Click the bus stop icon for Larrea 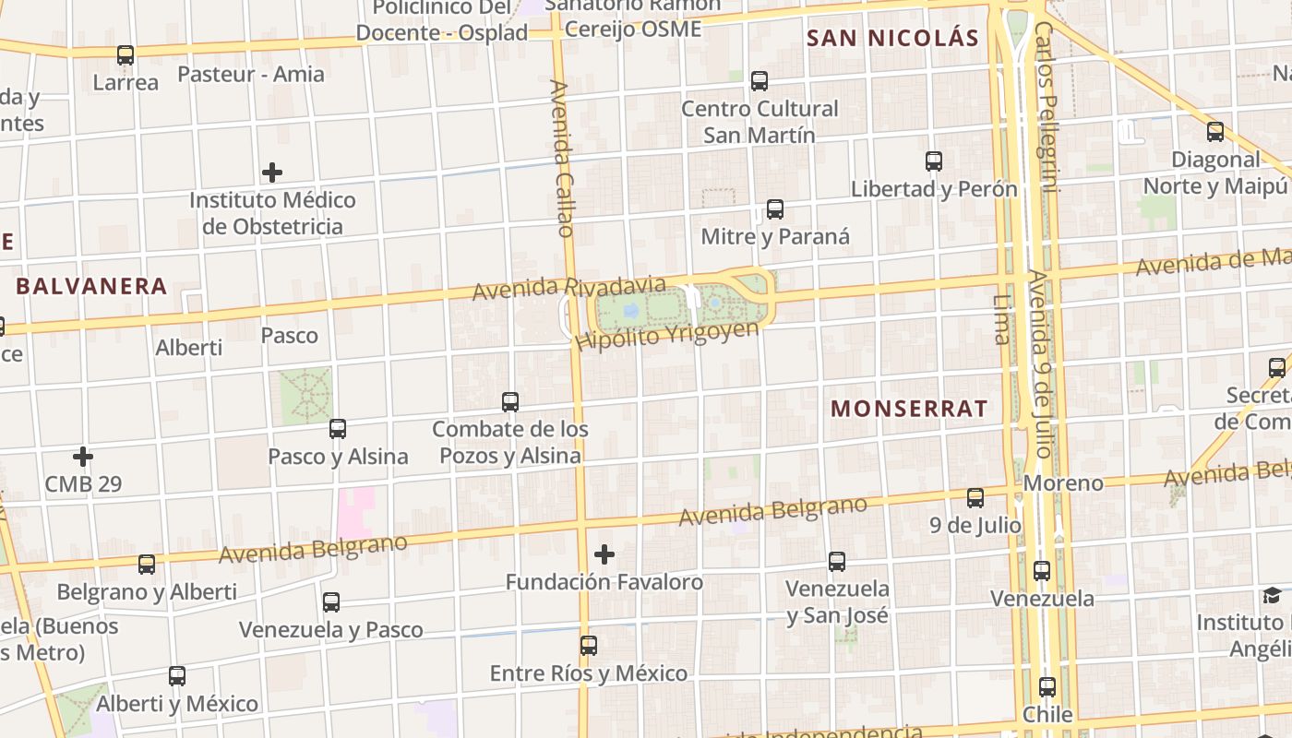[x=126, y=55]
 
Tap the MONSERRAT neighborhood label [x=909, y=409]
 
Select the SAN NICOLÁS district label [x=891, y=39]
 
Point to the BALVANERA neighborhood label [x=91, y=286]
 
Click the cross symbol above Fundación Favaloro [x=604, y=554]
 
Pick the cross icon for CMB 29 [x=83, y=457]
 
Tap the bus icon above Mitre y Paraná [x=775, y=209]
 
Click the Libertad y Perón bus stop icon [x=934, y=161]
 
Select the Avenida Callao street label [x=563, y=158]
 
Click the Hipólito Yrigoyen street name [x=666, y=335]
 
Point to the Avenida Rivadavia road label [x=568, y=288]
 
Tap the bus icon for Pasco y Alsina [x=338, y=429]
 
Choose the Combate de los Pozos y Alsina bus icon [x=510, y=402]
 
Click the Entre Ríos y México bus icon [x=589, y=646]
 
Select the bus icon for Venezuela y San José [x=837, y=561]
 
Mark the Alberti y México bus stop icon [x=177, y=676]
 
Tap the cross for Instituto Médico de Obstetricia [x=272, y=173]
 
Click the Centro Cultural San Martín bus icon [x=760, y=81]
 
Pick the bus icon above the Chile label [x=1047, y=687]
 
